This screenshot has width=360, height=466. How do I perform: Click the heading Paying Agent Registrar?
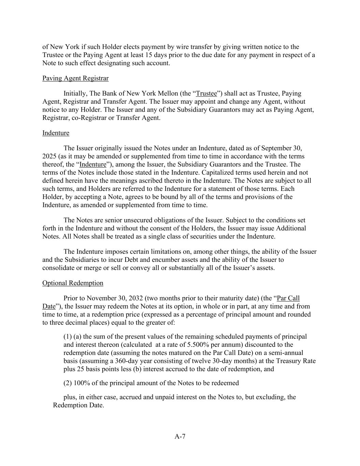[x=75, y=78]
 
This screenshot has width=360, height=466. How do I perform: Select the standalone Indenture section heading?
[x=56, y=133]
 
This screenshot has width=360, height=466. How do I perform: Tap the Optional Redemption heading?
[x=73, y=283]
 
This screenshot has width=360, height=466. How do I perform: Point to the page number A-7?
[x=180, y=436]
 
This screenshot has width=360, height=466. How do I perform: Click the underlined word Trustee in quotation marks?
[x=206, y=93]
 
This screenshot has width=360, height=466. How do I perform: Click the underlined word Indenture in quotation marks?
[x=93, y=165]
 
